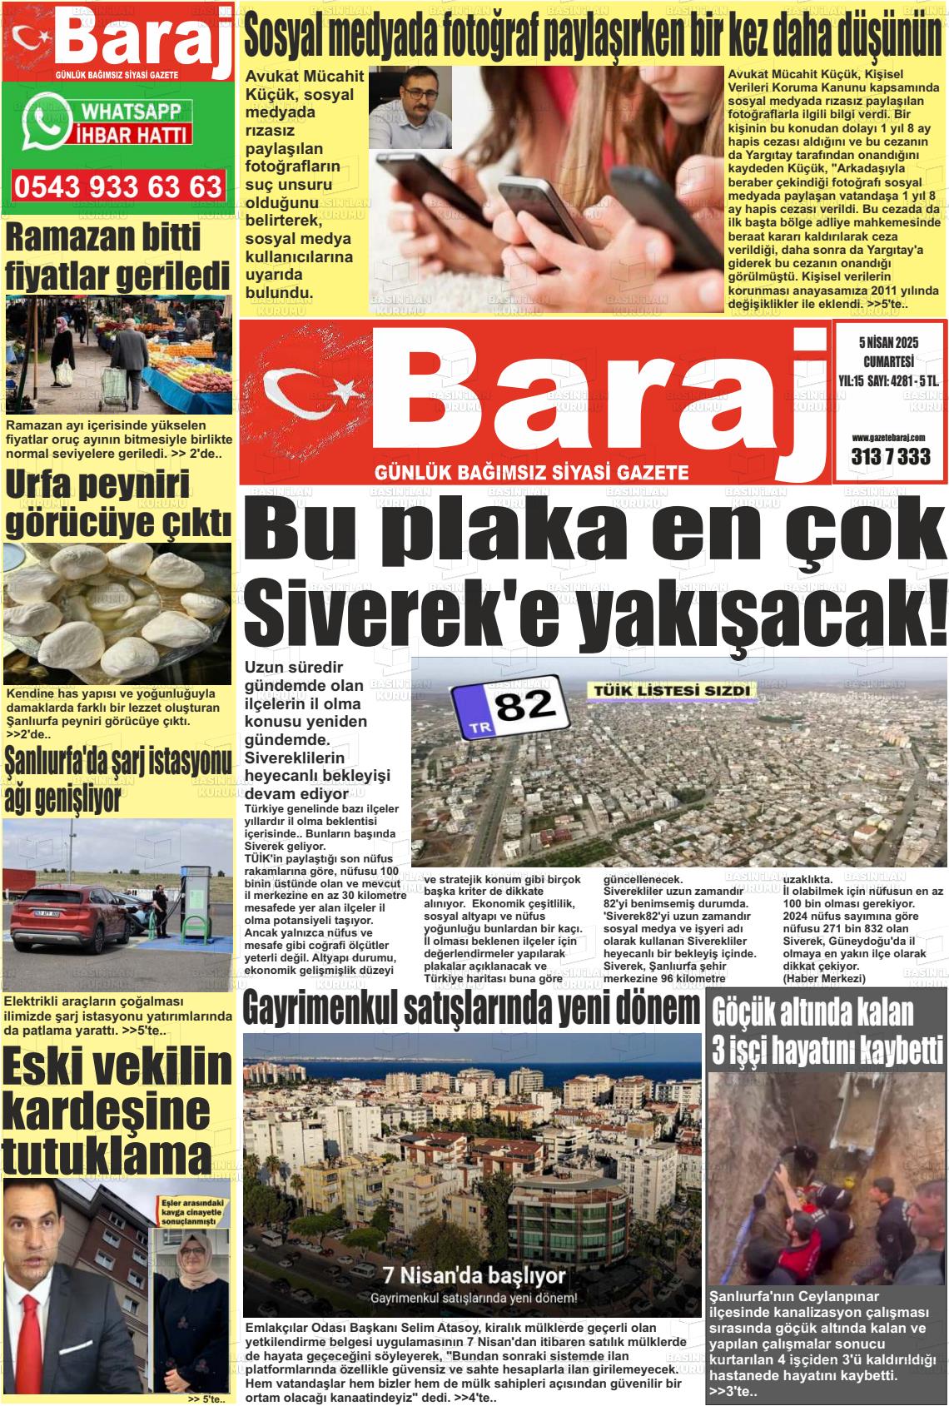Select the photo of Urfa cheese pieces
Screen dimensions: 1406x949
(x=117, y=613)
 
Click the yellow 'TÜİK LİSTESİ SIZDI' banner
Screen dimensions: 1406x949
(x=671, y=690)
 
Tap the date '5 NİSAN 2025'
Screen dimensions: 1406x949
(x=887, y=343)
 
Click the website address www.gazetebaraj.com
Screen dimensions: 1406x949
(x=890, y=437)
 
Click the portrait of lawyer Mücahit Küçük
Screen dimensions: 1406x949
(x=410, y=107)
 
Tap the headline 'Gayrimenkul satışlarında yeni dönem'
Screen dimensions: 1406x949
(x=471, y=1008)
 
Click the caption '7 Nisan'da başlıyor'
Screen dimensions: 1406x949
(x=474, y=1274)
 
